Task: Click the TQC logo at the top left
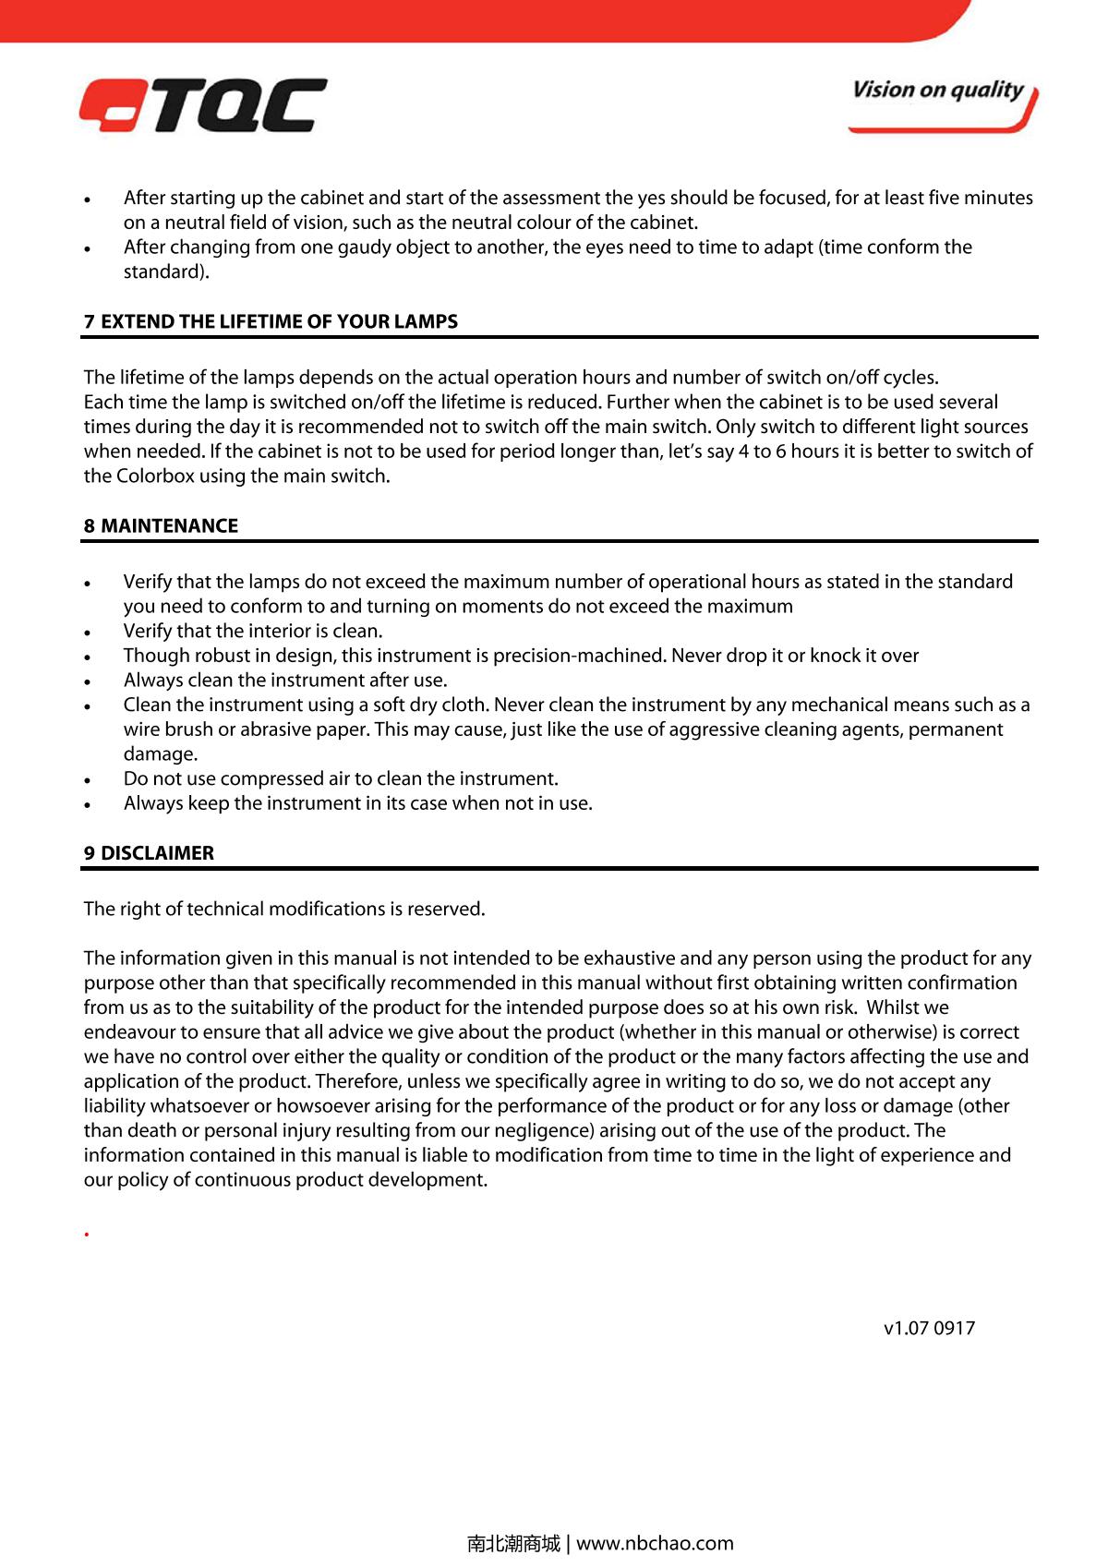(202, 105)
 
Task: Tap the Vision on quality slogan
(938, 90)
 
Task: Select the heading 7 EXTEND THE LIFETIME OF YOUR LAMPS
(271, 321)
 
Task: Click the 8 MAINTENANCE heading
(161, 525)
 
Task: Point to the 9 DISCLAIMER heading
(149, 853)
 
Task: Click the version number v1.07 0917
(929, 1328)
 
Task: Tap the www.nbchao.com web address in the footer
(655, 1543)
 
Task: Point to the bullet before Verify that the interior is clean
(87, 633)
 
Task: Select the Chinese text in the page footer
(513, 1543)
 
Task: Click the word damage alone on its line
(161, 754)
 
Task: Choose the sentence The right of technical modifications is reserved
(284, 909)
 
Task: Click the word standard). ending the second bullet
(166, 272)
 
